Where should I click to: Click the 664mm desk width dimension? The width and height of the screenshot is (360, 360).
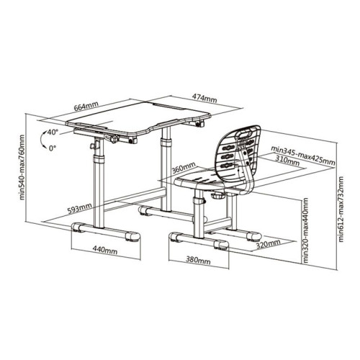pos(86,106)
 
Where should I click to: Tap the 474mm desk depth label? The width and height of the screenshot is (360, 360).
pos(204,98)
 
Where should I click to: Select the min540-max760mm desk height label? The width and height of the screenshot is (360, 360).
pos(22,168)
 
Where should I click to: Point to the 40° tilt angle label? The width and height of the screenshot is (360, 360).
pos(53,132)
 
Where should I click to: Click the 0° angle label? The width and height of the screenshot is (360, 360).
pos(52,148)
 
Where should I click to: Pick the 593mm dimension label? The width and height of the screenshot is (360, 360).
pos(79,208)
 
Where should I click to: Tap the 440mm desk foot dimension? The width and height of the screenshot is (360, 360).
pos(105,251)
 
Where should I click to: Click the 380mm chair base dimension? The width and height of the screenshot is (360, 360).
pos(198,260)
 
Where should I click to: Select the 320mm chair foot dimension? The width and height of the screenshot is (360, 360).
pos(268,244)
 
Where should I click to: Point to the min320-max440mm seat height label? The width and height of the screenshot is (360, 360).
pos(305,230)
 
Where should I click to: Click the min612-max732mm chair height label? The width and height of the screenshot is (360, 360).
pos(341,209)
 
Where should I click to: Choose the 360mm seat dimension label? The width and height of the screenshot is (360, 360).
pos(184,167)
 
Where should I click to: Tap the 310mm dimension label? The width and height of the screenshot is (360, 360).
pos(287,161)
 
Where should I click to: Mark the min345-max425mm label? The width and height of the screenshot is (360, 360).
pos(303,156)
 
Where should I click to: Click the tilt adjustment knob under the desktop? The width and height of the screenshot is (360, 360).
pos(114,139)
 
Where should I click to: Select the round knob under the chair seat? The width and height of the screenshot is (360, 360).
pos(218,195)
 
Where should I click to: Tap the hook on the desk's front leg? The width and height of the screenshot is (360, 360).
pos(92,146)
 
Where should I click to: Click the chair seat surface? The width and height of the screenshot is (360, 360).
pos(198,178)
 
